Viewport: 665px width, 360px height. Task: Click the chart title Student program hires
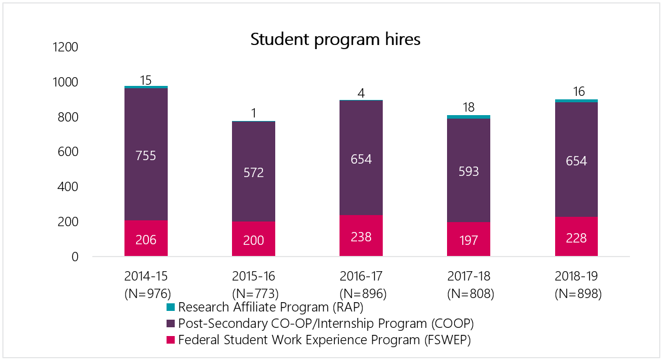pyautogui.click(x=335, y=40)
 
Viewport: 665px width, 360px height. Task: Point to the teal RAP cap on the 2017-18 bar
pyautogui.click(x=469, y=117)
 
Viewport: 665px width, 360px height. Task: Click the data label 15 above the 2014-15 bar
pyautogui.click(x=146, y=79)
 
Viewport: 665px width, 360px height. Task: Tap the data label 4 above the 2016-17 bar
pyautogui.click(x=361, y=93)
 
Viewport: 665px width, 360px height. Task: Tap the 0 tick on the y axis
pyautogui.click(x=74, y=257)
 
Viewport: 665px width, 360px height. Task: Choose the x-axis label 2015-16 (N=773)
pyautogui.click(x=254, y=285)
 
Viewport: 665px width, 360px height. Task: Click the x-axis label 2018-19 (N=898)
pyautogui.click(x=577, y=285)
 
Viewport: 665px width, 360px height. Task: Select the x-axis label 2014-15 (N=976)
pyautogui.click(x=146, y=285)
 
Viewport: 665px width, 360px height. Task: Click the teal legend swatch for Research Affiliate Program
pyautogui.click(x=171, y=307)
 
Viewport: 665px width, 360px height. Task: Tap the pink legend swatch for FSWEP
pyautogui.click(x=171, y=340)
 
